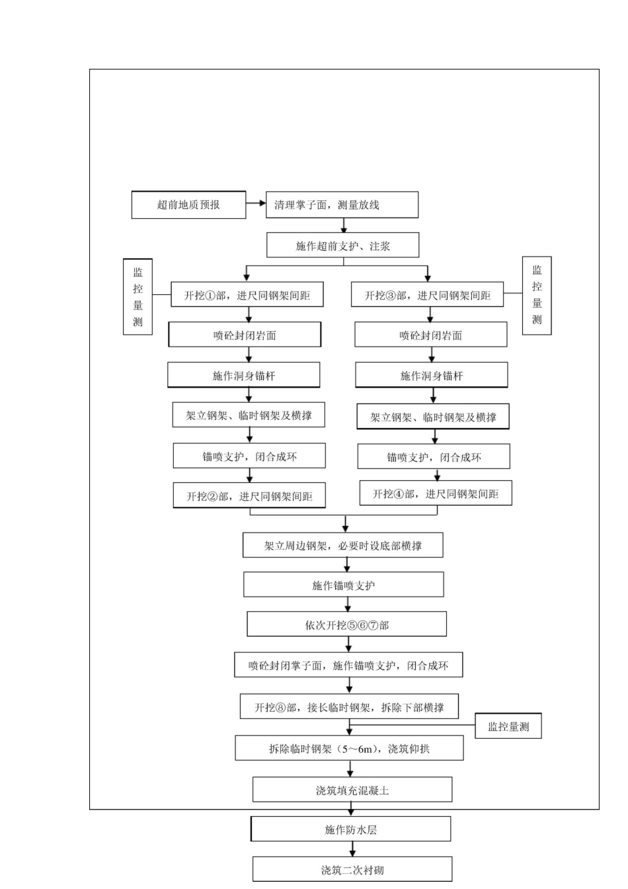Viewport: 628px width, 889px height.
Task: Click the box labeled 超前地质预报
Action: pos(188,205)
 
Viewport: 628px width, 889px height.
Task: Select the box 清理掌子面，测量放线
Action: pos(342,205)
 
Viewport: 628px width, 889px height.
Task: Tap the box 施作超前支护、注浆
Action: pos(342,246)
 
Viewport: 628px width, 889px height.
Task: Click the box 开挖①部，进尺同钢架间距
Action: pos(247,295)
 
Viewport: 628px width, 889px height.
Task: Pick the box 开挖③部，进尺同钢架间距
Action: pos(427,295)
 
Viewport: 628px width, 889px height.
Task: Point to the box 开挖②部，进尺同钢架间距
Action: pos(249,496)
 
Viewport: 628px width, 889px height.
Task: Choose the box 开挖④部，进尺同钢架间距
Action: pos(435,493)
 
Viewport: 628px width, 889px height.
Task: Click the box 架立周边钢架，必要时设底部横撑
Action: pos(342,546)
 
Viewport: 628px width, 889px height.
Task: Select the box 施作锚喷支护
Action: pos(343,585)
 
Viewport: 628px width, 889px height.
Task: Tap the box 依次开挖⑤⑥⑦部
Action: pos(346,625)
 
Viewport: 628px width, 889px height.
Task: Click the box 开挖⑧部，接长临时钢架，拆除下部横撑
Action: pos(349,707)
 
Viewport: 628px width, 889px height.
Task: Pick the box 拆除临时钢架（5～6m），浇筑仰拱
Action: pos(349,749)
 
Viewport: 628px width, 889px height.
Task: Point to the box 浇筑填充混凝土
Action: pos(352,790)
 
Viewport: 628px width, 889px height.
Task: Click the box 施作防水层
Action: pos(350,829)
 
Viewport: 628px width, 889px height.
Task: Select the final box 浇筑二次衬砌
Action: pos(352,870)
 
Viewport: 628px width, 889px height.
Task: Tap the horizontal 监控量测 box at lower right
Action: pos(508,727)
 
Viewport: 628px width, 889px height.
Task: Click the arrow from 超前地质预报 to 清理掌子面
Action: pos(255,204)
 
